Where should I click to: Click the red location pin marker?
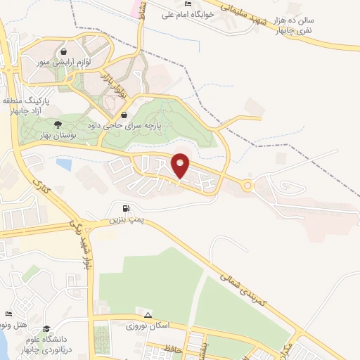coord(181,166)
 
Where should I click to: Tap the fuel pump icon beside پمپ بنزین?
coord(126,208)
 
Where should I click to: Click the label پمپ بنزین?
coord(126,220)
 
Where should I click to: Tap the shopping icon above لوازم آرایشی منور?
coord(64,51)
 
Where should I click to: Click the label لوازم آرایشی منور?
coord(64,62)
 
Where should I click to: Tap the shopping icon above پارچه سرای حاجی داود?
coord(124,116)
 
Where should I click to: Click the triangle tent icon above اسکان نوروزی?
coord(148,314)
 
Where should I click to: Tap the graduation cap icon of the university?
coord(46,328)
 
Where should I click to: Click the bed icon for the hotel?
coord(8,314)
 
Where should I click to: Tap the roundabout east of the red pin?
coord(247,186)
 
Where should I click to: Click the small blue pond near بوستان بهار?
coord(64,165)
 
